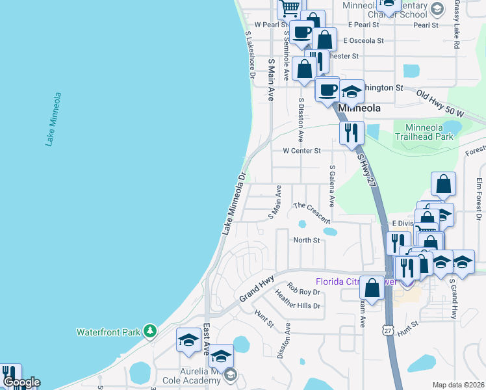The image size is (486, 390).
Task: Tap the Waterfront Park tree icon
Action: point(151,331)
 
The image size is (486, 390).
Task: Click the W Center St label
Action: point(301,151)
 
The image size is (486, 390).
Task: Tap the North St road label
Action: point(307,240)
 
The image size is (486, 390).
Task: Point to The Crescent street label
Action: point(312,213)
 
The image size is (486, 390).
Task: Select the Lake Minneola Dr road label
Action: point(233,203)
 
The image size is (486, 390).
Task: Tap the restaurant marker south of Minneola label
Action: point(351,133)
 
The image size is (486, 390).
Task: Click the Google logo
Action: point(21,382)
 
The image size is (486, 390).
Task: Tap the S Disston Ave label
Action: point(300,120)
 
